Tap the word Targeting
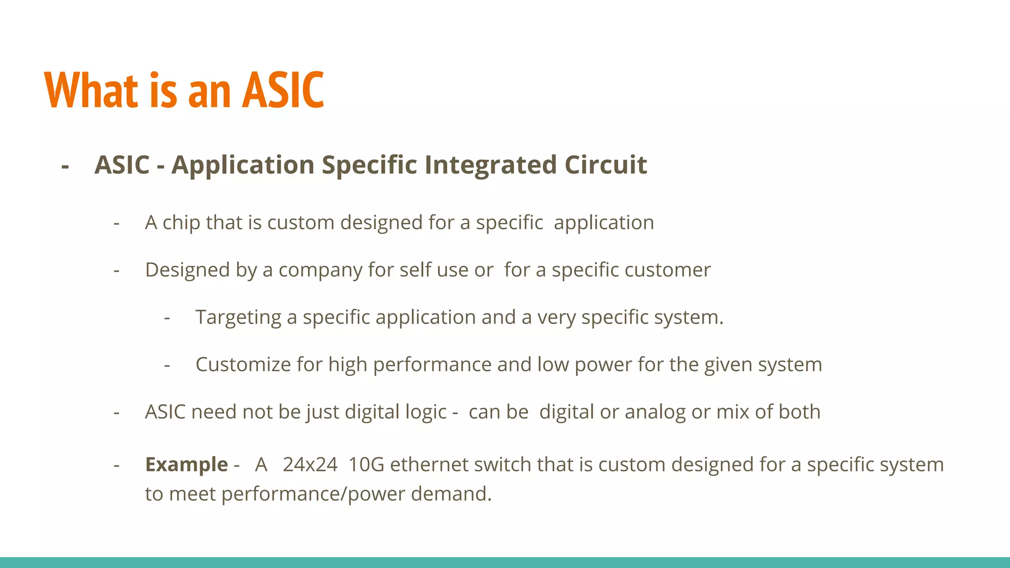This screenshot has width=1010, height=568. pyautogui.click(x=238, y=318)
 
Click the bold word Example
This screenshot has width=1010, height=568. pyautogui.click(x=186, y=464)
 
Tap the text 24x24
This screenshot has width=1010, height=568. pyautogui.click(x=310, y=464)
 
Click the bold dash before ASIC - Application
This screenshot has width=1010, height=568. pyautogui.click(x=65, y=166)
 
